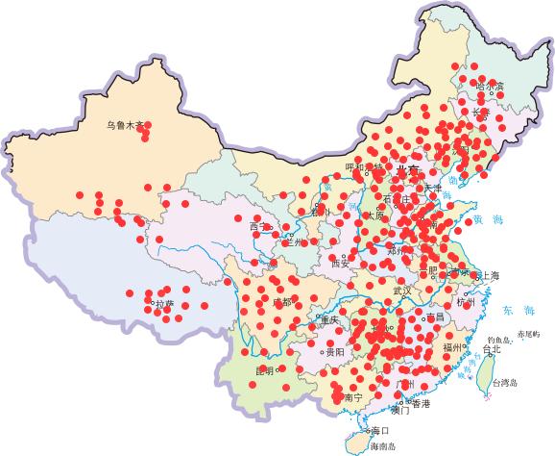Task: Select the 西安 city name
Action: pos(340,262)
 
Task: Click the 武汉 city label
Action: pos(400,290)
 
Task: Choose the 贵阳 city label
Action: pos(335,353)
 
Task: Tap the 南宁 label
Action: pos(352,397)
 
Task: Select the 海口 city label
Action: pos(380,431)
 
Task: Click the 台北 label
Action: pos(491,350)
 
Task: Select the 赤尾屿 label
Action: pos(529,333)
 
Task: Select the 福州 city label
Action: pos(455,346)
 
